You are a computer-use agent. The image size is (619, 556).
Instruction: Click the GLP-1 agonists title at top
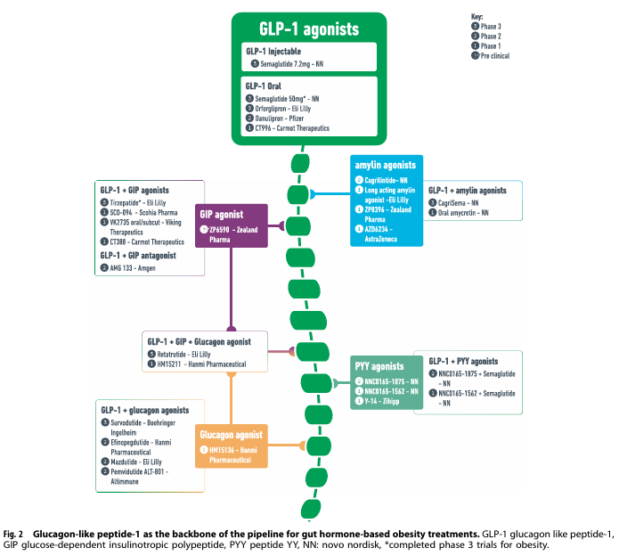click(308, 29)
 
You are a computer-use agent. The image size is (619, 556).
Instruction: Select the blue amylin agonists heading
click(386, 166)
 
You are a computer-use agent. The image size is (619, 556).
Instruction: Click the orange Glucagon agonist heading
click(231, 435)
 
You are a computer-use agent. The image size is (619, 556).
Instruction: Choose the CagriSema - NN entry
click(460, 203)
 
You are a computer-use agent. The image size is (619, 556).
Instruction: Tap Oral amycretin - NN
click(464, 214)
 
